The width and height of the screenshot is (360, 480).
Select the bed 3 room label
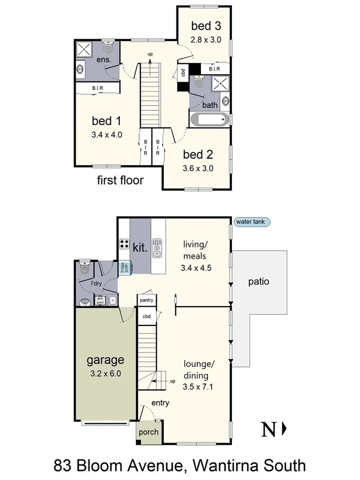click(206, 26)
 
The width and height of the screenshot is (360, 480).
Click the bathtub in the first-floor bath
click(210, 119)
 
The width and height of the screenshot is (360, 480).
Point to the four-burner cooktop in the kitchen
click(124, 244)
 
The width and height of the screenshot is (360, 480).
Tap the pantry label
click(146, 300)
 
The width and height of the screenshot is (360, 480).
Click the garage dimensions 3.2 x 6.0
click(105, 373)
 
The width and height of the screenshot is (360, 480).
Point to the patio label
click(258, 281)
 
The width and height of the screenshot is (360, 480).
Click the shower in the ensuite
click(84, 50)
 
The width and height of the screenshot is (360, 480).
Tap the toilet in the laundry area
click(84, 270)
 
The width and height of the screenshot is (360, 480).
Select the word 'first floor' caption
click(120, 180)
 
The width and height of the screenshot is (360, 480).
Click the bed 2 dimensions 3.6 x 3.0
click(198, 168)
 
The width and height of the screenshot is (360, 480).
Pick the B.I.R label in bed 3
click(215, 69)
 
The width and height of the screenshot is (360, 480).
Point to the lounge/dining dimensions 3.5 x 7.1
click(197, 388)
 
